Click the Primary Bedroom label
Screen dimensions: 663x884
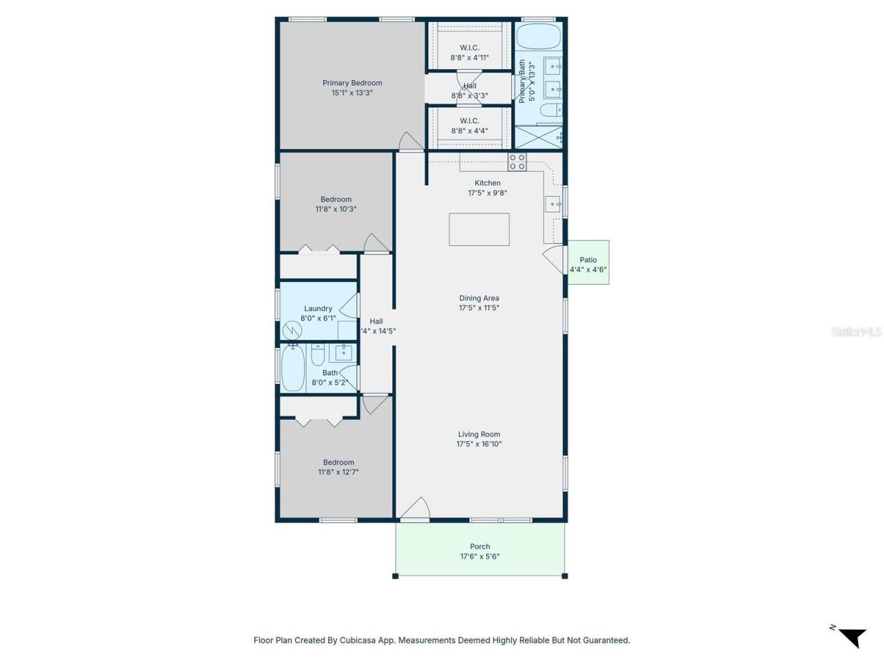pyautogui.click(x=352, y=83)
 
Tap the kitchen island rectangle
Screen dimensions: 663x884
pyautogui.click(x=479, y=229)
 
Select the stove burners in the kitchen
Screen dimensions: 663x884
pyautogui.click(x=517, y=162)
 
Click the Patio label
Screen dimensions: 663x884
pyautogui.click(x=588, y=260)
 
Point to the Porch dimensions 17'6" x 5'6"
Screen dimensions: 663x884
pyautogui.click(x=480, y=557)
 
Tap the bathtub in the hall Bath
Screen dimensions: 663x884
pyautogui.click(x=293, y=367)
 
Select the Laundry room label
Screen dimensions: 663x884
pyautogui.click(x=318, y=309)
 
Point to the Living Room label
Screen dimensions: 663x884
pyautogui.click(x=479, y=434)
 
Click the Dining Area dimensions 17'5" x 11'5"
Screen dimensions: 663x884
pyautogui.click(x=479, y=308)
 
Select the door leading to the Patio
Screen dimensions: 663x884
pyautogui.click(x=555, y=261)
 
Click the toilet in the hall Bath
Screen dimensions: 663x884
pyautogui.click(x=318, y=355)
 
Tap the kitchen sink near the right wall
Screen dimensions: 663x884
pyautogui.click(x=553, y=204)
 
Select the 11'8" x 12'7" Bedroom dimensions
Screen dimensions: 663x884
pyautogui.click(x=338, y=472)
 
